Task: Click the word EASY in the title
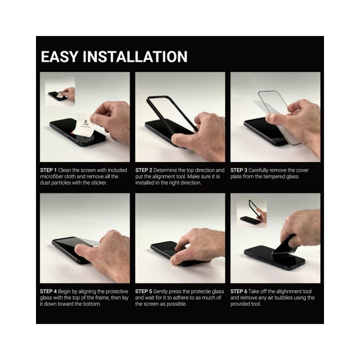(59, 57)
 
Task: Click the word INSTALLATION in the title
(135, 57)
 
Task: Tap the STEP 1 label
(48, 170)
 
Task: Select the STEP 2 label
(144, 170)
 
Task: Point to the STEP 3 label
(239, 170)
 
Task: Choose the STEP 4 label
(48, 291)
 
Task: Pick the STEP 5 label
(144, 291)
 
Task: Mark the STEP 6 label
(239, 291)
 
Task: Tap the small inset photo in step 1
(60, 91)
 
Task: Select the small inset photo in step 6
(252, 213)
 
